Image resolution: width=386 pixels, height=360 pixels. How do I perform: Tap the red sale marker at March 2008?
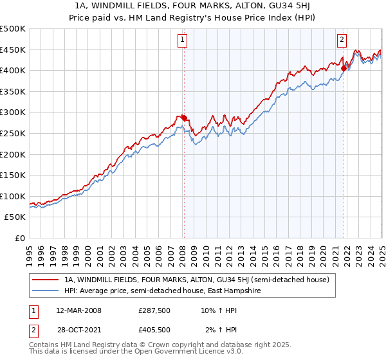coord(184,118)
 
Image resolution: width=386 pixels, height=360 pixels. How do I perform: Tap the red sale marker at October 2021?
coord(344,67)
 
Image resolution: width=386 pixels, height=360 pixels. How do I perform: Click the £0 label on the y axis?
coord(21,238)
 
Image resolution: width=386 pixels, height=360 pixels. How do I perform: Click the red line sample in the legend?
coord(46,280)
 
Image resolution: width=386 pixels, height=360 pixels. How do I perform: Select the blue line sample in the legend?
coord(46,291)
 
